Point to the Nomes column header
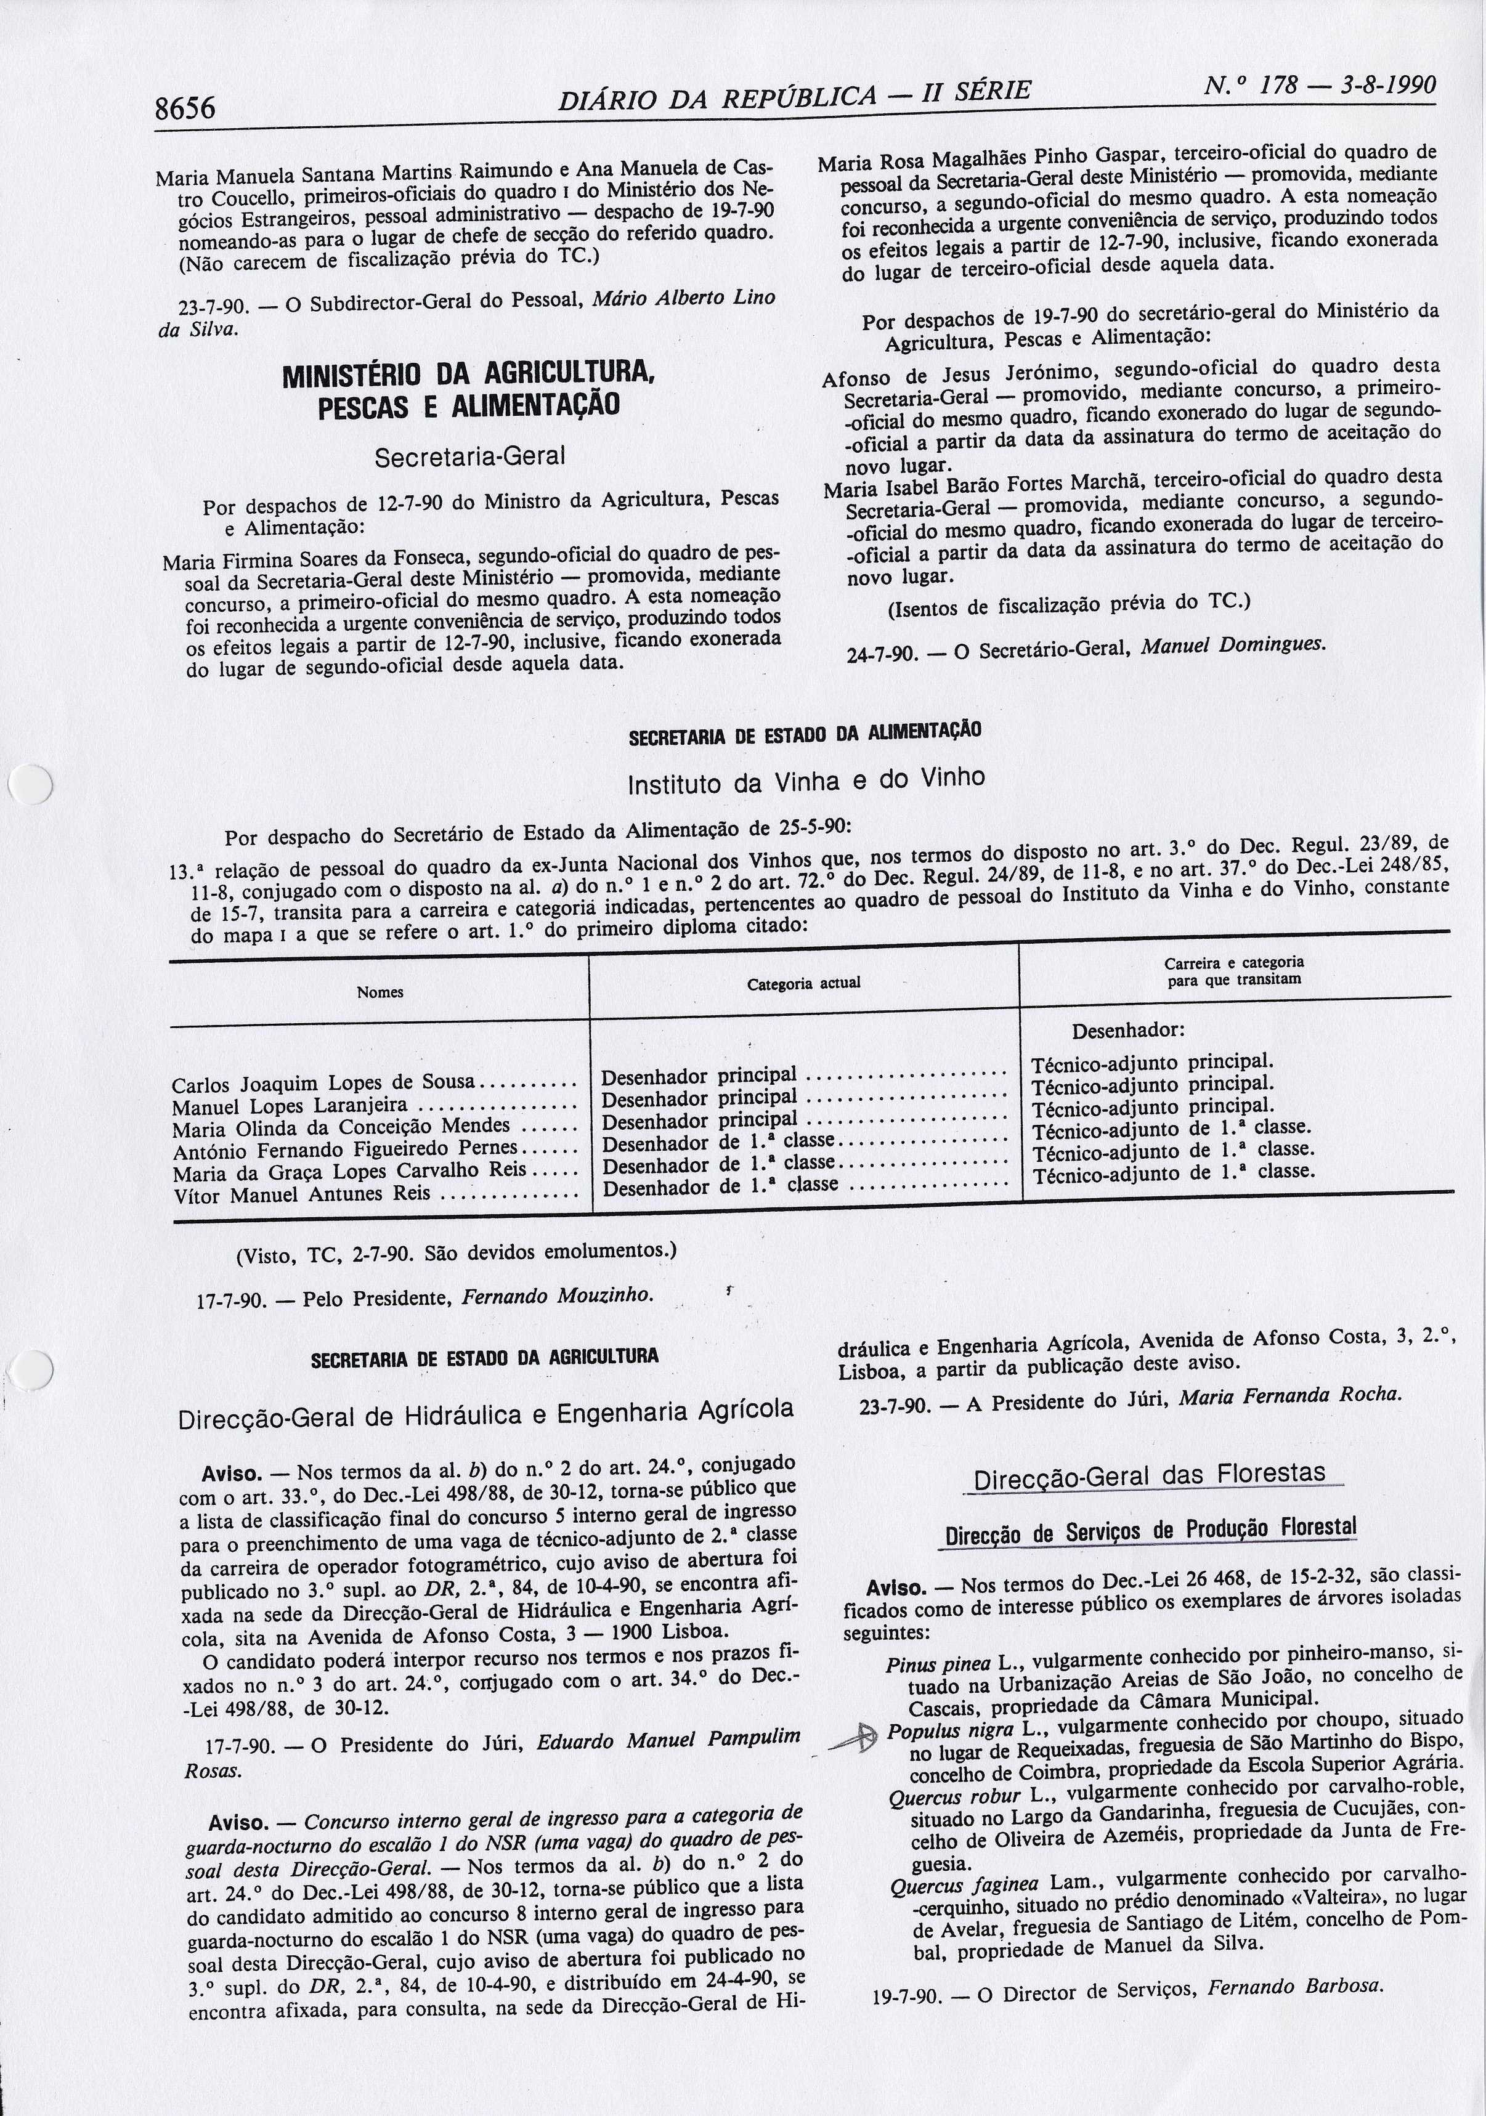click(x=380, y=992)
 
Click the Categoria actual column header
click(x=804, y=983)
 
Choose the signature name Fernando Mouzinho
click(x=557, y=1295)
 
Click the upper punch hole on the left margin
click(x=30, y=785)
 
